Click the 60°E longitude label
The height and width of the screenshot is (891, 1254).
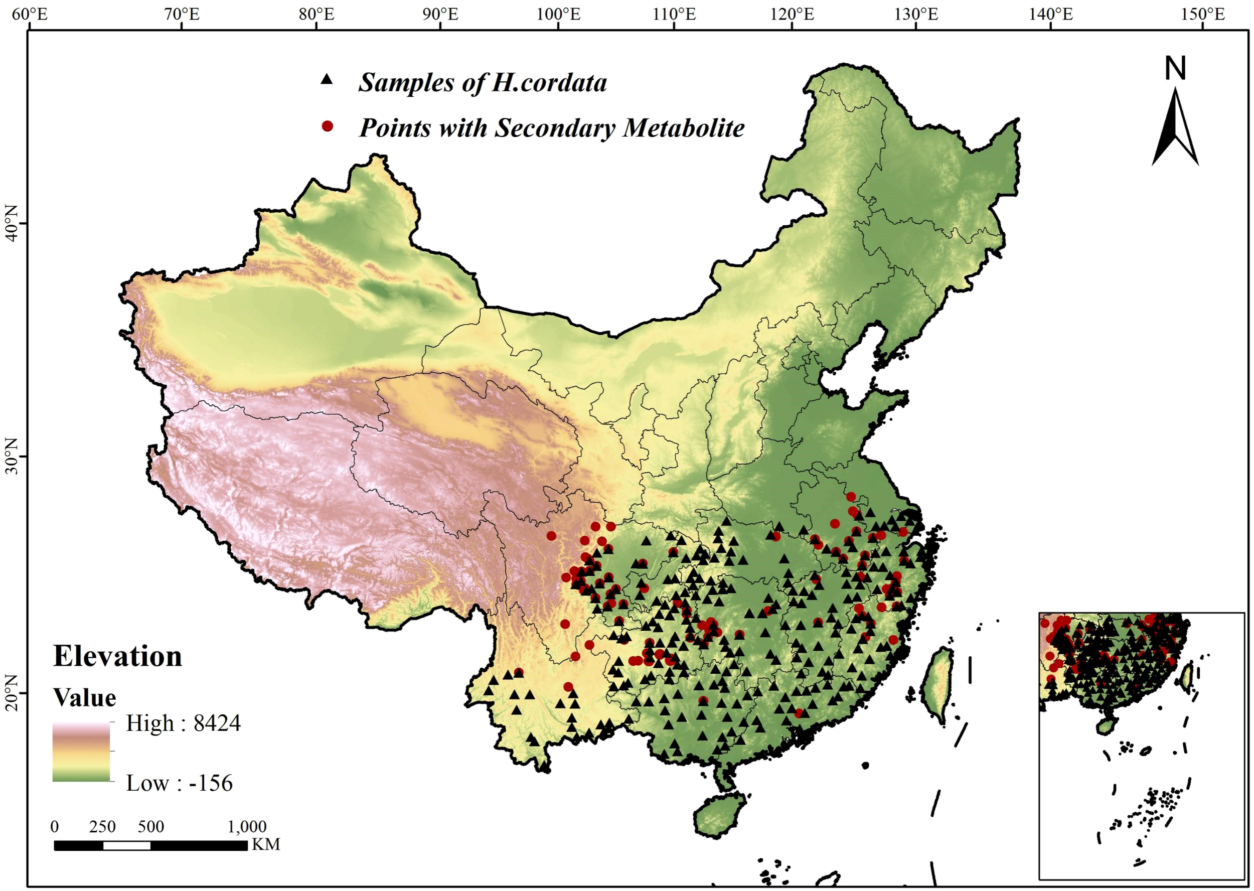(30, 14)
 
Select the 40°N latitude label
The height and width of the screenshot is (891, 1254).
(11, 223)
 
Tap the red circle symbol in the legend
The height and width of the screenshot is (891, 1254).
(328, 126)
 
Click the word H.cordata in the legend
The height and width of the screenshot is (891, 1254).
(549, 83)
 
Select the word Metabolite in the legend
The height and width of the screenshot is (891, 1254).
(684, 128)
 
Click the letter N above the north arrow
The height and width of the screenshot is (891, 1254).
(1175, 69)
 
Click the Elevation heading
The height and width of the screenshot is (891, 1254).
(117, 656)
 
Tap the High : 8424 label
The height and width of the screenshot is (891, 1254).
(183, 723)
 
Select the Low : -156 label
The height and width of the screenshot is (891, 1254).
(180, 783)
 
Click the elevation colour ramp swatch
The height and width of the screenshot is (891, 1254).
(81, 752)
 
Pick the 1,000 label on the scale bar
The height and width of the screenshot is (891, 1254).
(247, 826)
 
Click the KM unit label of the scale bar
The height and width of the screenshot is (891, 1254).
(266, 844)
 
